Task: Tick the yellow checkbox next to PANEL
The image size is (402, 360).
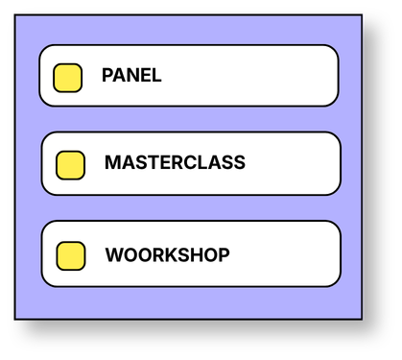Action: [67, 78]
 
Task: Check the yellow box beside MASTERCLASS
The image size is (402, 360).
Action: [70, 165]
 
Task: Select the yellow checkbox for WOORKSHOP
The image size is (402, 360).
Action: [71, 256]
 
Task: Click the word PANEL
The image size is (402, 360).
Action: [131, 76]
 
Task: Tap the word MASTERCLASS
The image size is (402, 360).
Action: [175, 162]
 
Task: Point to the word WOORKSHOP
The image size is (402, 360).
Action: [168, 255]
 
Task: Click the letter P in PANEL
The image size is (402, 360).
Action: [107, 76]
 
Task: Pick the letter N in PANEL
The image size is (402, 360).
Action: [132, 76]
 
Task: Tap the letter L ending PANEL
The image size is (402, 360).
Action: [156, 76]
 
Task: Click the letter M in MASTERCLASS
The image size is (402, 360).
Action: [112, 162]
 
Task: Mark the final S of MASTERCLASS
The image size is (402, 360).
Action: [239, 162]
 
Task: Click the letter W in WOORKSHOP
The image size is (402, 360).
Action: [115, 255]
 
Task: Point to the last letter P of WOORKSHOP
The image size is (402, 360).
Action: [225, 255]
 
